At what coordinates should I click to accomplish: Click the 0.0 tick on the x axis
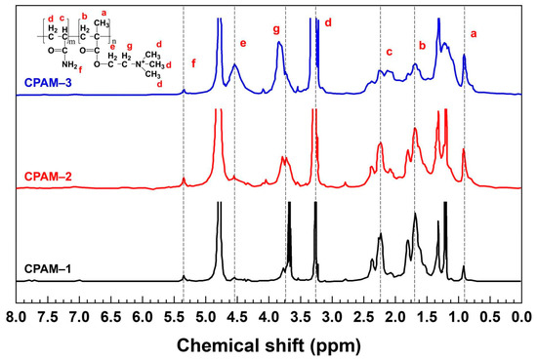point(520,316)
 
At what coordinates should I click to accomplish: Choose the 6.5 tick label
point(110,316)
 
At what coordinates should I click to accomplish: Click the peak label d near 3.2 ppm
point(328,21)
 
